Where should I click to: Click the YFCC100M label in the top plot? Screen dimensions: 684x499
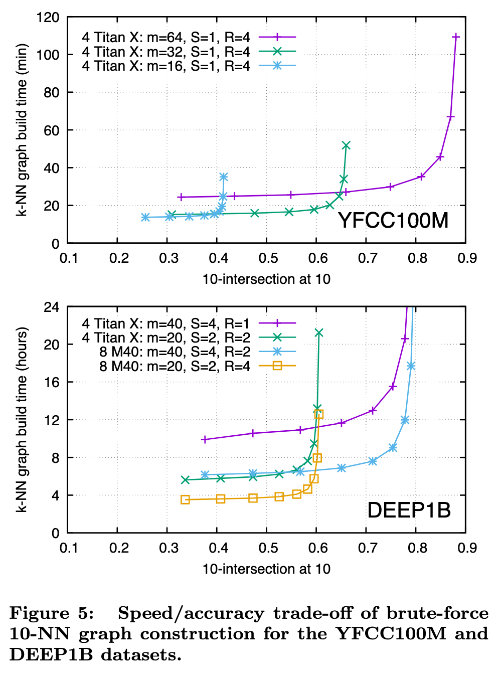coord(393,221)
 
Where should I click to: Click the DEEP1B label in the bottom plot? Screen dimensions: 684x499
coord(409,510)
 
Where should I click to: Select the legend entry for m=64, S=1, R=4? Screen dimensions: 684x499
coord(166,37)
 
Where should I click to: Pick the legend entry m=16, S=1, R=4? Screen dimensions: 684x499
coord(166,66)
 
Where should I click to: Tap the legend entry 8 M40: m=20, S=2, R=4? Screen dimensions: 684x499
coord(175,366)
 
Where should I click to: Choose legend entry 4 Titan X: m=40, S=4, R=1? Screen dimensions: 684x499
coord(166,323)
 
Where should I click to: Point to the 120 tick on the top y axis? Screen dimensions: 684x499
coord(48,18)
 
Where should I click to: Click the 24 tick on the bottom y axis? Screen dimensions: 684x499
coord(52,307)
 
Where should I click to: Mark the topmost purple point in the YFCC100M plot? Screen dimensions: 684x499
coord(456,37)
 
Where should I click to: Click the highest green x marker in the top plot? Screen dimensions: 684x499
coord(346,145)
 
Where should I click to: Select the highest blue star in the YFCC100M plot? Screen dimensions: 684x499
coord(224,177)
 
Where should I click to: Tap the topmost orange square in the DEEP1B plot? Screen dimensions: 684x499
coord(318,414)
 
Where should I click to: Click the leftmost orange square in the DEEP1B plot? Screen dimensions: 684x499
coord(185,499)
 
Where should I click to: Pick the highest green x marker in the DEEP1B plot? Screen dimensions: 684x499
coord(318,333)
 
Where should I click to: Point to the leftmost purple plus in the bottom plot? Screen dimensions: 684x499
coord(204,439)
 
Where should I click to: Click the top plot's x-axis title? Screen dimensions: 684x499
coord(266,279)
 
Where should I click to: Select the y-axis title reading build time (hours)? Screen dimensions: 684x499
coord(22,420)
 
